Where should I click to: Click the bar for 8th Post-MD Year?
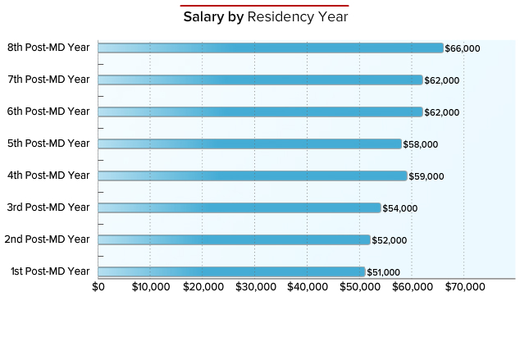271,48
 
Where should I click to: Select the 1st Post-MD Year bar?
231,271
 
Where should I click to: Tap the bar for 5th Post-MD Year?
249,144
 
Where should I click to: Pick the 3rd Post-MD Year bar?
239,207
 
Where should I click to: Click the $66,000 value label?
463,48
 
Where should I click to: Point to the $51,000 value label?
383,272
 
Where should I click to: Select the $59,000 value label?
426,176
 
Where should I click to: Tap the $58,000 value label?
420,144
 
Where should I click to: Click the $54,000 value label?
399,208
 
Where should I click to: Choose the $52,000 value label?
389,240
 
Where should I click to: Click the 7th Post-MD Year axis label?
48,80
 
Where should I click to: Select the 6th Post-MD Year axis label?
48,112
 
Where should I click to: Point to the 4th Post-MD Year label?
48,175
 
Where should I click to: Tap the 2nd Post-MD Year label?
47,239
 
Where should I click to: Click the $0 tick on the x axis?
98,287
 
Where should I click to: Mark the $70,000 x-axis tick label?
464,287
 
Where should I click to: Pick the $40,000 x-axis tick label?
308,287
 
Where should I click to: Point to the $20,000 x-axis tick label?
203,287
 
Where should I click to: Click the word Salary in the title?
202,17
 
